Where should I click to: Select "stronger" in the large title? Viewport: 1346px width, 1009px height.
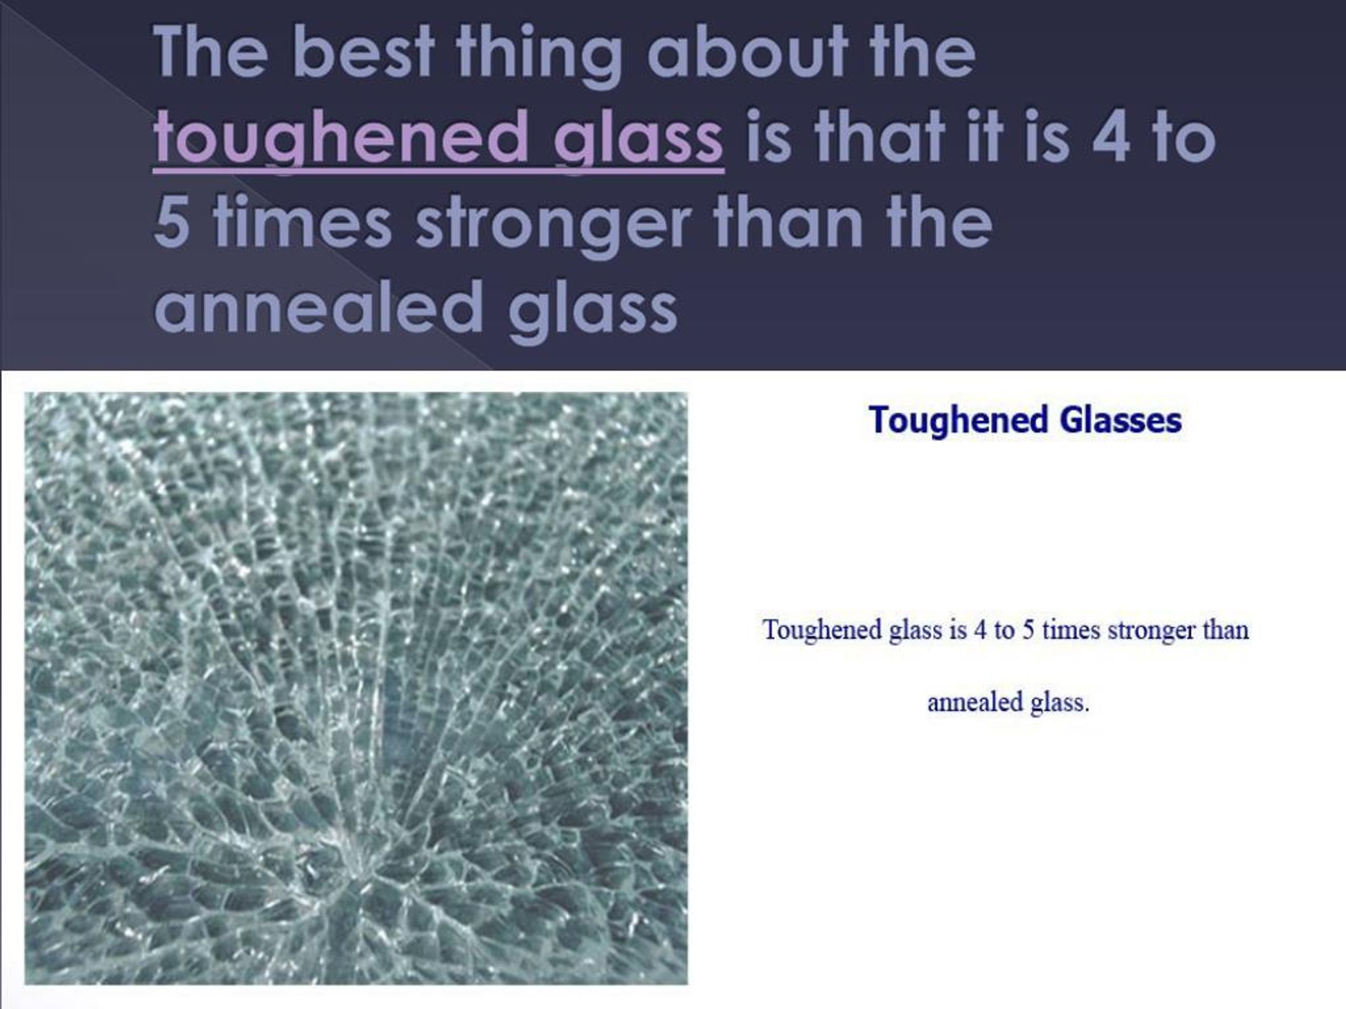point(553,224)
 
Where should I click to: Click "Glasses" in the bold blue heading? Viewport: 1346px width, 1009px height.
point(1120,420)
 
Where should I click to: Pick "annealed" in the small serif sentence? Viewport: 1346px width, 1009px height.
point(975,703)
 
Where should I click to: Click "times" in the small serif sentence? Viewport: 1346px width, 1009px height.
point(1070,630)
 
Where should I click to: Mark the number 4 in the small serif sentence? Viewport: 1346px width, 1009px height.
point(980,630)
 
